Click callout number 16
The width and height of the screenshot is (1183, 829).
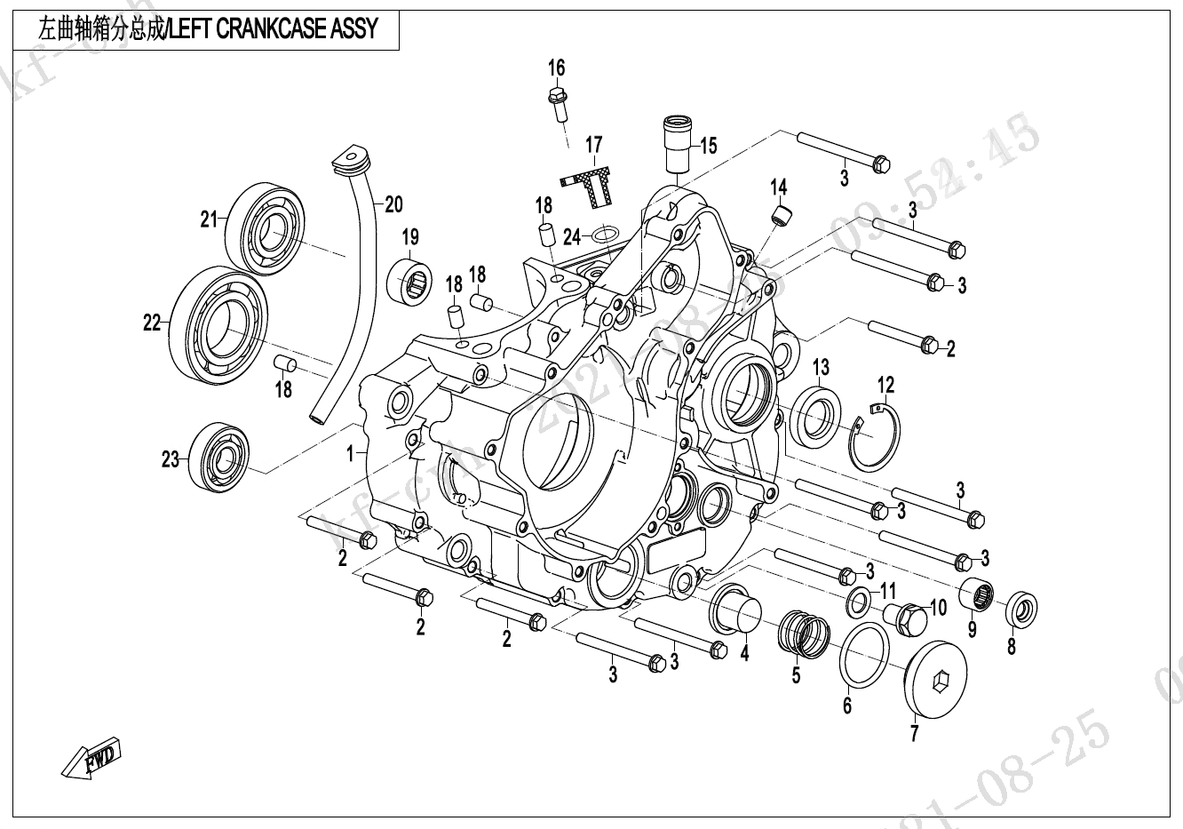click(x=556, y=68)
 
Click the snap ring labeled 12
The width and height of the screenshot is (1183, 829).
click(x=874, y=435)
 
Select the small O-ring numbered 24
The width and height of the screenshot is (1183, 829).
click(x=606, y=235)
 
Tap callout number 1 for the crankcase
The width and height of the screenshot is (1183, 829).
click(x=351, y=453)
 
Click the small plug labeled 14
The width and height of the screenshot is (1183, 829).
click(x=781, y=216)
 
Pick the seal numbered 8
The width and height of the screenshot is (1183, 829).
click(x=1020, y=611)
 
